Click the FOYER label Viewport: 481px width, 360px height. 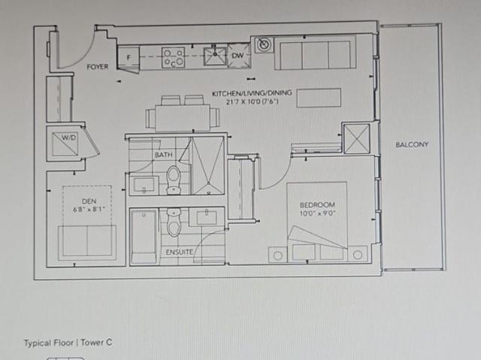coord(97,67)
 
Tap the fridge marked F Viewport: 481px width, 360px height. coord(129,57)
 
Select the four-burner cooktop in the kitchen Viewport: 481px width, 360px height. coord(174,56)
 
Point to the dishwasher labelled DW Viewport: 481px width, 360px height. coord(238,56)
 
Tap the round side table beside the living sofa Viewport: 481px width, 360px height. coord(264,44)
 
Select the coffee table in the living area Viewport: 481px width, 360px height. coord(319,98)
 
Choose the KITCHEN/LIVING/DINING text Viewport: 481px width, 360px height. coord(245,93)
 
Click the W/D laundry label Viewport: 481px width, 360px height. coord(69,138)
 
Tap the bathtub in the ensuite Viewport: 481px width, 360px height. coord(143,236)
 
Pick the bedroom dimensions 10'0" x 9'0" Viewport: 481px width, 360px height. coord(318,213)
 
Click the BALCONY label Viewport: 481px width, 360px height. coord(412,144)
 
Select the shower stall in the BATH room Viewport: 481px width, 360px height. coord(205,165)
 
